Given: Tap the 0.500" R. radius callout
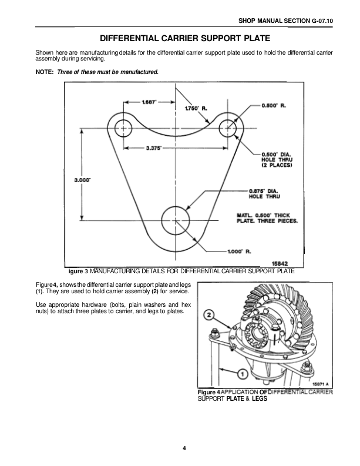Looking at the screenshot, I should point(274,106).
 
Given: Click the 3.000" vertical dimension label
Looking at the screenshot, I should point(82,180).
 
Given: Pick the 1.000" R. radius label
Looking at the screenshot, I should point(239,252).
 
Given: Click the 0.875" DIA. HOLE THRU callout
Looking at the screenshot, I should point(267,193).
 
